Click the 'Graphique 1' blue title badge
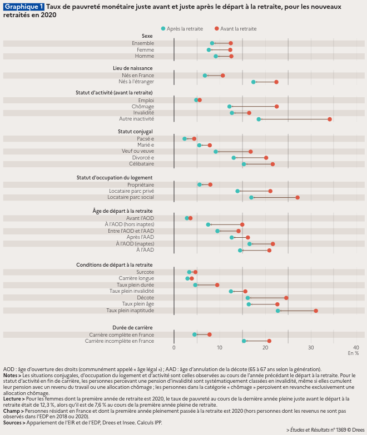coord(23,6)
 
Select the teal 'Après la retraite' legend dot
coord(163,28)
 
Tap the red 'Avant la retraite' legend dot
coord(217,28)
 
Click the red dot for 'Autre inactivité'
coord(330,119)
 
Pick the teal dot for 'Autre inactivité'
coord(259,119)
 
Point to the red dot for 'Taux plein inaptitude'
coord(316,311)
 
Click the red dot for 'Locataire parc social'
coord(297,197)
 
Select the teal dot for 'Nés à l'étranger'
coord(254,82)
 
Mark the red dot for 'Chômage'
coord(276,106)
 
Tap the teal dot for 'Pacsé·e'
coord(185,138)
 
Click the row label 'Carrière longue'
coord(136,278)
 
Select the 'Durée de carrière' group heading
coord(132,327)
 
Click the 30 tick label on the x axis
coord(311,347)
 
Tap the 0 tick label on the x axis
coord(174,347)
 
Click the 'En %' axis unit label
coord(353,353)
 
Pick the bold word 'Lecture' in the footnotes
coord(13,398)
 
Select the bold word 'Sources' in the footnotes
coord(13,423)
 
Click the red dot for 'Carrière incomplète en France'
coord(269,341)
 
